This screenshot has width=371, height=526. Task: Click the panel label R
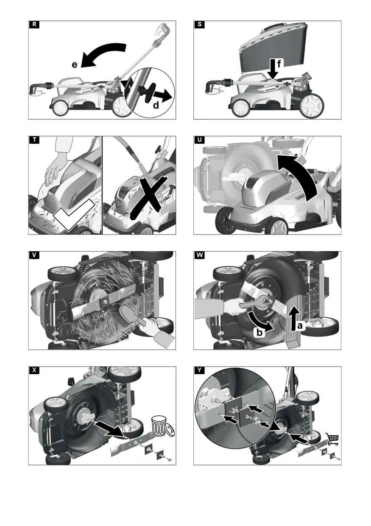tap(34, 25)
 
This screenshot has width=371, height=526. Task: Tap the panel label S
tap(199, 25)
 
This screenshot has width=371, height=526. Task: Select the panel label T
tap(34, 140)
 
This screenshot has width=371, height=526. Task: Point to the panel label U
tap(199, 140)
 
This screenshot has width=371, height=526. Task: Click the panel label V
tap(34, 255)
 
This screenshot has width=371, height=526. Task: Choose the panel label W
tap(199, 255)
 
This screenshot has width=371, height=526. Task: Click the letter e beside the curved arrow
tap(74, 64)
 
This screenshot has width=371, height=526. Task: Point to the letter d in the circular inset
tap(156, 106)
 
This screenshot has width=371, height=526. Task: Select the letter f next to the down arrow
tap(279, 63)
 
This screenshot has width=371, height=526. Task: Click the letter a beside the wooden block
tap(300, 325)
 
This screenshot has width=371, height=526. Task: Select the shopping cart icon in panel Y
tap(332, 439)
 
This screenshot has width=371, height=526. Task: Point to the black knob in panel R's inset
tap(148, 92)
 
